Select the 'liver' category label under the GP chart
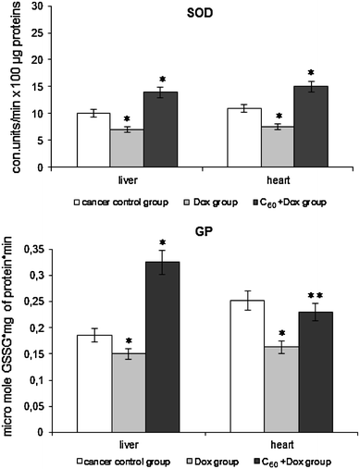[x=127, y=446]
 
